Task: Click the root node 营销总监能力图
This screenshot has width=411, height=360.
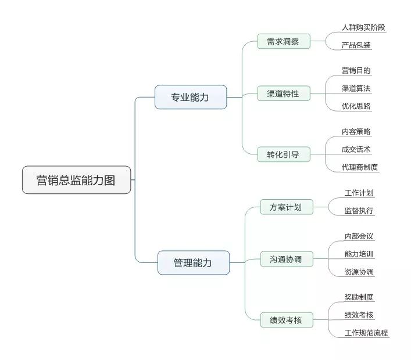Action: point(77,180)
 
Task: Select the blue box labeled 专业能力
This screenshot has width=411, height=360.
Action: point(191,97)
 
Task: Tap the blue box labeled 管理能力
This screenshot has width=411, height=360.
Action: point(194,262)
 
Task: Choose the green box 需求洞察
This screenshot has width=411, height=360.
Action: point(284,41)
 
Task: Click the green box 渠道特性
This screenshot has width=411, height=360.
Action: point(284,93)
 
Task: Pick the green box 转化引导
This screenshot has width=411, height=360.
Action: point(284,154)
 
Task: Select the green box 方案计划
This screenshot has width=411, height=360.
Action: point(287,207)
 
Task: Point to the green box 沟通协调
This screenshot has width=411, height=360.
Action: point(287,259)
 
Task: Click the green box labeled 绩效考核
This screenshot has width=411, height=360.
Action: point(287,320)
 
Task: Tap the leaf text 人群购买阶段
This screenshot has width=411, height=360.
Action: point(363,27)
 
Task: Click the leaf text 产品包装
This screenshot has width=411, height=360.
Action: point(356,45)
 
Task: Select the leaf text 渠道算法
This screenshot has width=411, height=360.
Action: point(356,88)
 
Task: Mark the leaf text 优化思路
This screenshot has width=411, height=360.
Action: point(356,106)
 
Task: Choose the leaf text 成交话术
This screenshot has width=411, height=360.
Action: point(356,149)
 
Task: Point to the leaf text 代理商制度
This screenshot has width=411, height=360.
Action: point(360,167)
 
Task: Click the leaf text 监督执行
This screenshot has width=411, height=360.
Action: point(359,211)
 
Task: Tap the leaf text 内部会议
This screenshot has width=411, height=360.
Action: point(359,236)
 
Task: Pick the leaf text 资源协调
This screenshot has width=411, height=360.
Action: point(359,272)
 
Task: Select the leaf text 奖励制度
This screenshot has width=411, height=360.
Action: point(359,297)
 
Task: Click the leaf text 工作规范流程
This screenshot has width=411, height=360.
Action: point(366,333)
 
